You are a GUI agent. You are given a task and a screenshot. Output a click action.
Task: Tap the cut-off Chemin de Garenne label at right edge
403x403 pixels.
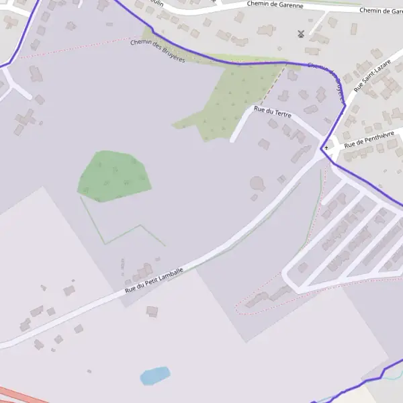point(381,10)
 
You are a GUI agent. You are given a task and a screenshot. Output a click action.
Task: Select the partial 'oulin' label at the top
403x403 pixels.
point(158,3)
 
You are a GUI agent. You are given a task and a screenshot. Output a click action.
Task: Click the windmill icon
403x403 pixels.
point(301,34)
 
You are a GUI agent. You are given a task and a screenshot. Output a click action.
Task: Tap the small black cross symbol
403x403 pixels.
point(326,147)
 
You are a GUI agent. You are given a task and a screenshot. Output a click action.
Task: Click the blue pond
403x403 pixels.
point(154,375)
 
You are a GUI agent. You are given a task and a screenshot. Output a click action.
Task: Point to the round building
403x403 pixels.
point(257,183)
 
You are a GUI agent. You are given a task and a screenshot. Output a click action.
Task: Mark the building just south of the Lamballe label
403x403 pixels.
point(152,312)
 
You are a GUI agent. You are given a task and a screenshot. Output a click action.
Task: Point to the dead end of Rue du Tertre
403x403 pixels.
point(232,140)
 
